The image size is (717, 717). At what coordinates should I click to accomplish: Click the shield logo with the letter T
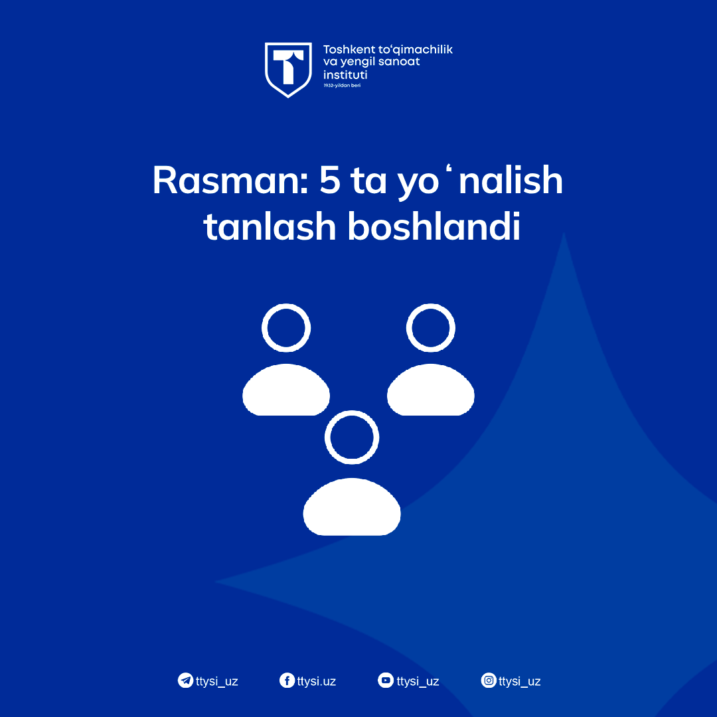click(x=288, y=70)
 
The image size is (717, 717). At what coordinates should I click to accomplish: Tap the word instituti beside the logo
click(x=345, y=74)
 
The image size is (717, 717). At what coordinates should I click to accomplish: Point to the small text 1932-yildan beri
click(x=342, y=86)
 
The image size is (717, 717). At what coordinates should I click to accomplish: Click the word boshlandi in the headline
click(x=434, y=226)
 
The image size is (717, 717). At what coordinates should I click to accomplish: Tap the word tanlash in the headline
click(x=270, y=226)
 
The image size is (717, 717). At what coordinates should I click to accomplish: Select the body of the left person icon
click(x=286, y=390)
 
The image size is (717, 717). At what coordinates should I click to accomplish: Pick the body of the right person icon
click(x=431, y=390)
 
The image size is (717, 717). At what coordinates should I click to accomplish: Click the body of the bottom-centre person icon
click(x=352, y=507)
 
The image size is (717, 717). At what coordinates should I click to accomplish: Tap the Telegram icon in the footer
click(x=185, y=680)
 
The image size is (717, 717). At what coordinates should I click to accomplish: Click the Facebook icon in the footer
click(x=287, y=680)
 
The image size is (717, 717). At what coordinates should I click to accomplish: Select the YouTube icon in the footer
click(x=386, y=680)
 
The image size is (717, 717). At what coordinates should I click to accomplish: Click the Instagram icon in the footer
click(x=489, y=680)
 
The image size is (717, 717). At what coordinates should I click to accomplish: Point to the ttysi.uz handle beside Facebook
click(x=317, y=681)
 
